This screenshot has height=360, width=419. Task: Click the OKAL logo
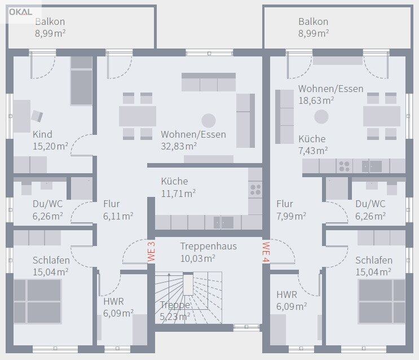coord(20,12)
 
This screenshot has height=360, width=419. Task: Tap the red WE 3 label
coord(151,252)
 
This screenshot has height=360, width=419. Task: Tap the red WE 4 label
coord(266,252)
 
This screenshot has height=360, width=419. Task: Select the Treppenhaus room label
coord(209,247)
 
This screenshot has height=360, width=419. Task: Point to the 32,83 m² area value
coord(179,146)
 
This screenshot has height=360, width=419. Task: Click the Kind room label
coord(42,134)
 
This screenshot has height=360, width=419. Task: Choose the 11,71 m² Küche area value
coord(178,194)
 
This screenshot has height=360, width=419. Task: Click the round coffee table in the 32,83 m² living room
coord(209,121)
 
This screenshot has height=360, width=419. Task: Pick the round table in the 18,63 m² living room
coord(321,117)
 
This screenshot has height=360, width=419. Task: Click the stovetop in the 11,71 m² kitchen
coord(255,190)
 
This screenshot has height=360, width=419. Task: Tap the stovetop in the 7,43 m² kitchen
coord(344,166)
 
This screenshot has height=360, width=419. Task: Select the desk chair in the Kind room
coord(37,116)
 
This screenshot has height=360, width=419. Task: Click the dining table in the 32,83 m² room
coord(138,116)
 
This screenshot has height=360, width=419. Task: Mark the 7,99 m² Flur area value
coord(291,216)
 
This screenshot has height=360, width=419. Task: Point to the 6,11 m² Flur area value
coord(118,216)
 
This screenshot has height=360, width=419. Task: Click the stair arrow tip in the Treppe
coord(169,274)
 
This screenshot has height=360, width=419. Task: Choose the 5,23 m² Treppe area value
coord(175,317)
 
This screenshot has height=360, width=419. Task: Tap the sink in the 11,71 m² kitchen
coord(224,222)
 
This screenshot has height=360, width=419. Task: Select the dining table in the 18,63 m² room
coord(382,116)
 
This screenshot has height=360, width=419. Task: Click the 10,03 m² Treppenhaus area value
coord(198,258)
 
